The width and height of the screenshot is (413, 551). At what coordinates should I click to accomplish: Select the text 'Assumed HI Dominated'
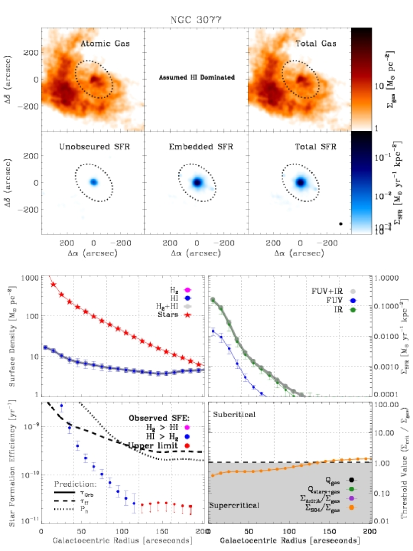coord(197,78)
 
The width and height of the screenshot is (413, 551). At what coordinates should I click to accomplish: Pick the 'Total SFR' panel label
coord(316,147)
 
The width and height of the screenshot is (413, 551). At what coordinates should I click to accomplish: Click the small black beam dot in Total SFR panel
coord(341,224)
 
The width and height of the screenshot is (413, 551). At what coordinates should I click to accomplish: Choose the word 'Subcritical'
coord(234,414)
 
